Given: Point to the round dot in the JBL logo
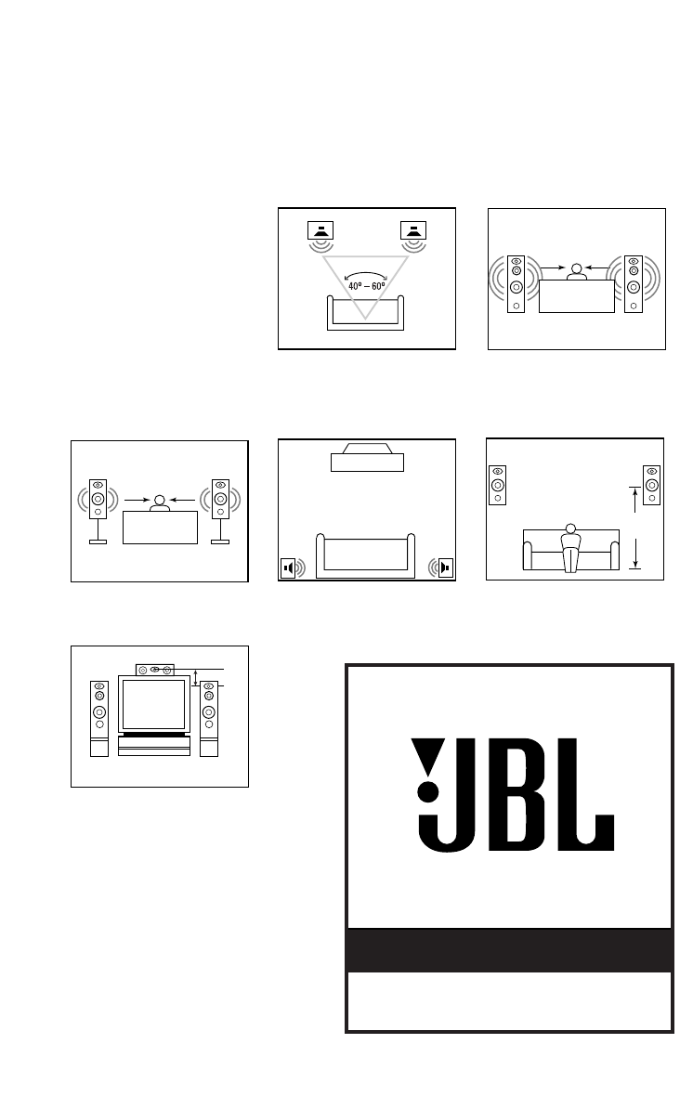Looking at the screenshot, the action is pos(428,792).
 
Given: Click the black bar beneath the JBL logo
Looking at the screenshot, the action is pos(509,949).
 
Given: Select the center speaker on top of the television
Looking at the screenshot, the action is pos(155,669).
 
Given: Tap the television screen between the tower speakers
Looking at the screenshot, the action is pos(154,705).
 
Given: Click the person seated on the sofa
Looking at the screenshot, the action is pos(571,548).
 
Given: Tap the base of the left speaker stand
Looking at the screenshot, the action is pos(98,541).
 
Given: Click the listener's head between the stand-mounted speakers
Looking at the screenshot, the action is pos(161,501).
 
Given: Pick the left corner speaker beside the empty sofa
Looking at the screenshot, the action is pos(288,568).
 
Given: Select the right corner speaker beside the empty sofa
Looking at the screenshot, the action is pos(445,568).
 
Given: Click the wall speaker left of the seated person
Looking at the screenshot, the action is pos(498,484).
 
